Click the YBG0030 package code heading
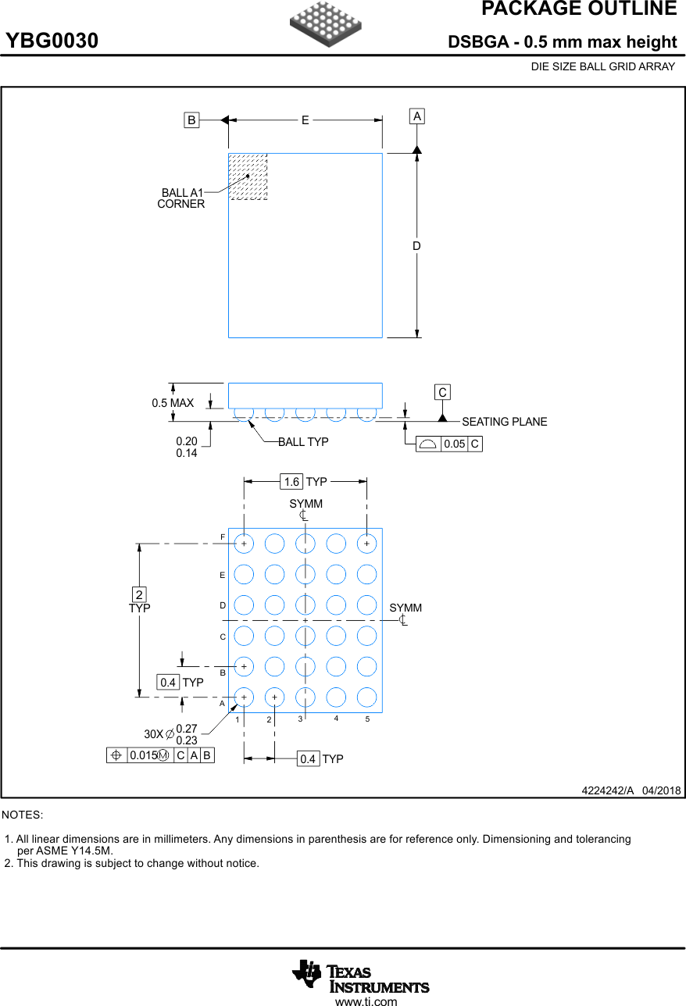click(x=52, y=41)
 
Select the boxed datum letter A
click(x=417, y=116)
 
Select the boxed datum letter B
click(x=191, y=120)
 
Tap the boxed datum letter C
click(x=442, y=392)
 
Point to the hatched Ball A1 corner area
click(x=248, y=177)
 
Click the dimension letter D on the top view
click(x=416, y=246)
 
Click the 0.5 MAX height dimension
click(x=173, y=403)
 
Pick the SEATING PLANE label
click(x=504, y=422)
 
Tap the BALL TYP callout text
click(x=303, y=442)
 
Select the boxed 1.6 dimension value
click(x=291, y=482)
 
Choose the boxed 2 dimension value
click(x=139, y=594)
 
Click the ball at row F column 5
click(x=366, y=543)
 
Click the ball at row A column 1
click(x=244, y=697)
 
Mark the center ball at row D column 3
click(x=305, y=605)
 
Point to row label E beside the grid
click(x=223, y=576)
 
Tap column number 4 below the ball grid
click(x=336, y=719)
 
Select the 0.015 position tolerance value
click(x=142, y=755)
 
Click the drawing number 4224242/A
click(x=607, y=790)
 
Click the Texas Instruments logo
click(x=360, y=976)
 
